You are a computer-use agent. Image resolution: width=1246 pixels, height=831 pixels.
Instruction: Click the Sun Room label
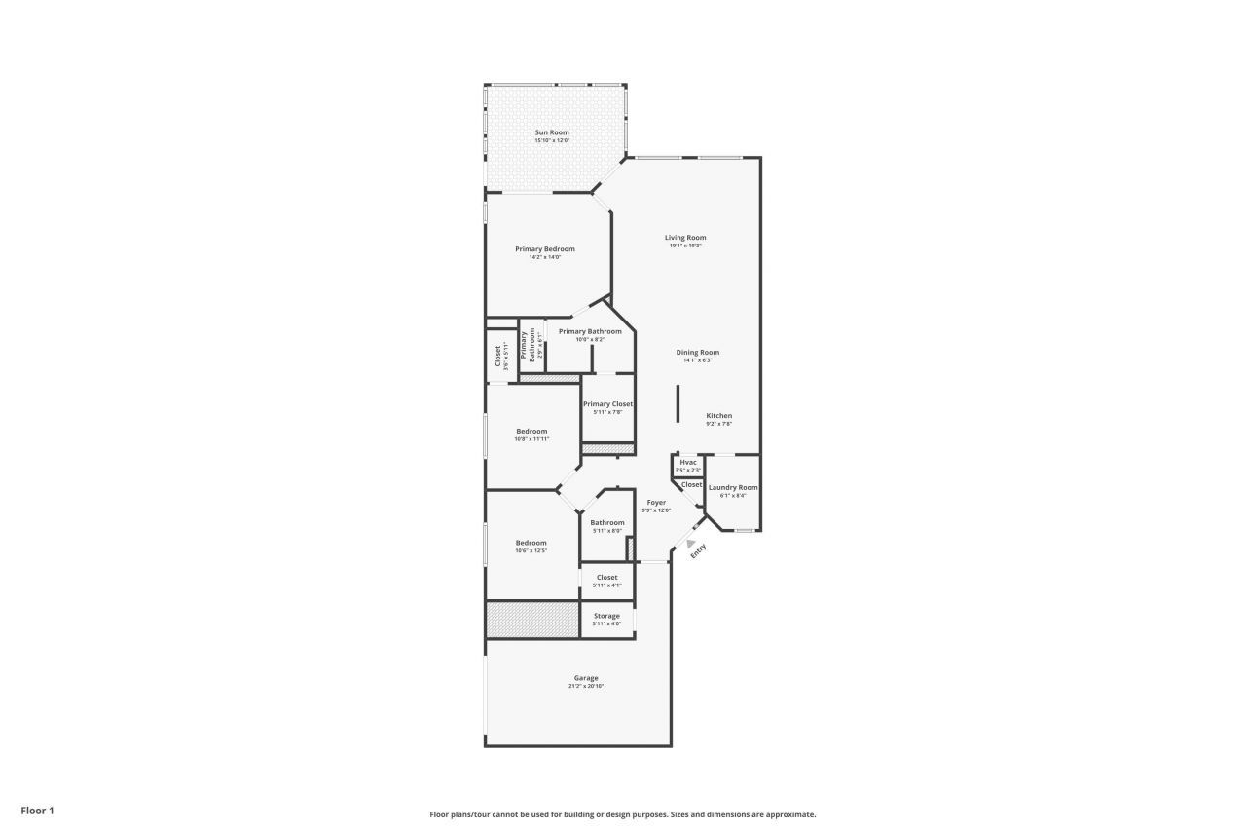tap(552, 132)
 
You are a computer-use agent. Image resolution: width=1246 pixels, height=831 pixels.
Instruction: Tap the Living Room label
tap(685, 238)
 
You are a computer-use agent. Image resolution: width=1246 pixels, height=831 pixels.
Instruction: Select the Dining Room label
tap(698, 353)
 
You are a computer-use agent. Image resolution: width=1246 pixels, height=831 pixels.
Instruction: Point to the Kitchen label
tap(718, 416)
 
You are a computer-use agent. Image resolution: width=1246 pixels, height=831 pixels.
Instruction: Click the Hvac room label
tap(688, 462)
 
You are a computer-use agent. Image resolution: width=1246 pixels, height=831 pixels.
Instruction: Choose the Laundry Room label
tap(733, 487)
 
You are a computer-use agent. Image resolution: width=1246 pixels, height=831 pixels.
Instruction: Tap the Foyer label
tap(656, 503)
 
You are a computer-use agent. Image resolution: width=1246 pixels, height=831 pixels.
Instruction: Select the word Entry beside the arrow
tap(698, 550)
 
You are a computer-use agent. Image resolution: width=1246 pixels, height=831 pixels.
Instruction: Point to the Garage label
tap(586, 678)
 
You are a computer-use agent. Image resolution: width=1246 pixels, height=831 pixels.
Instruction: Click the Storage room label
tap(606, 616)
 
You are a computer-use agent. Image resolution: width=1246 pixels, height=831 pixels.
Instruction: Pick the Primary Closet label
tap(607, 404)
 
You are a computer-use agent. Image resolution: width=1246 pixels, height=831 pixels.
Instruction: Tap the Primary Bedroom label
tap(545, 249)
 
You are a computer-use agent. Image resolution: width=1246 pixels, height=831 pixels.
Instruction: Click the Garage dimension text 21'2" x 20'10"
tap(586, 686)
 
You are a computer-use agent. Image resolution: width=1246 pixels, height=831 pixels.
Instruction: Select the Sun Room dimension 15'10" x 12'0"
tap(552, 140)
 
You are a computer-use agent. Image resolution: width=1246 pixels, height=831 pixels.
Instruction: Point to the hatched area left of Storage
tap(532, 620)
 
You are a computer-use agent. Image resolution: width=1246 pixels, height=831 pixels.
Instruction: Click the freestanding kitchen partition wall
tap(678, 403)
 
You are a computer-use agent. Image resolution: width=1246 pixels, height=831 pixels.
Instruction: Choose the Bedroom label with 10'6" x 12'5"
tap(531, 543)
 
